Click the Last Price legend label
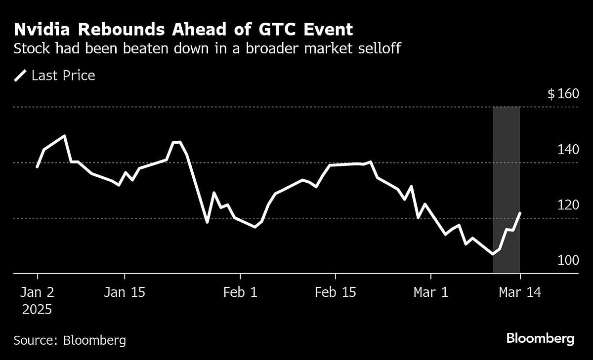[63, 76]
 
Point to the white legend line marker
[21, 76]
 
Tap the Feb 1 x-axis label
[240, 292]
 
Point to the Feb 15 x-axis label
[336, 292]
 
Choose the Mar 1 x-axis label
[431, 292]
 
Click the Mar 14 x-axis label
[520, 292]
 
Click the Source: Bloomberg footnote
[70, 340]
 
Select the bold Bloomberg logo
[541, 339]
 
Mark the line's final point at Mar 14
[520, 213]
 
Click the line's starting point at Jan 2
[37, 167]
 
